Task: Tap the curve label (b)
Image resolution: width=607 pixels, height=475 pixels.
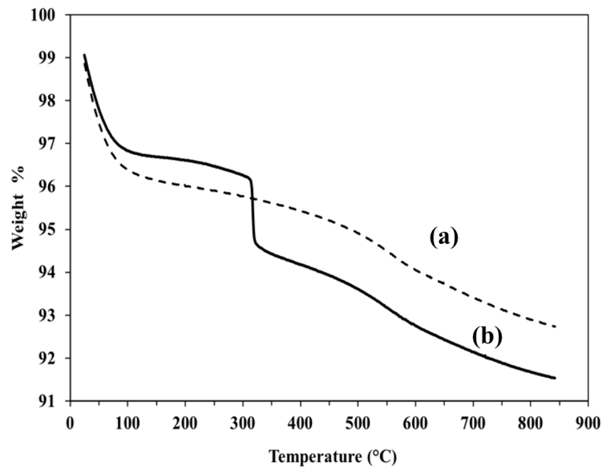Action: pos(487,338)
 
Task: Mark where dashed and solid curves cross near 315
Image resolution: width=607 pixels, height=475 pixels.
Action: pos(252,198)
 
